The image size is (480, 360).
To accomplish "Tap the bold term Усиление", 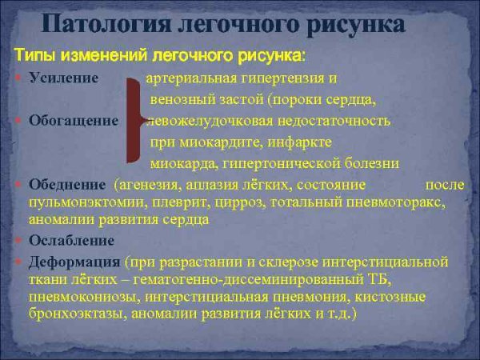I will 64,78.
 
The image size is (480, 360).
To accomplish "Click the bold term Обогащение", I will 74,121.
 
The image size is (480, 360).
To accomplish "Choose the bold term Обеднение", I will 67,185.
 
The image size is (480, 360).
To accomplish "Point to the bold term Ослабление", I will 72,240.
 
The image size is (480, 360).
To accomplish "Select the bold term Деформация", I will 75,262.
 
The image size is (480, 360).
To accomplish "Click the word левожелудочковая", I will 210,121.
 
